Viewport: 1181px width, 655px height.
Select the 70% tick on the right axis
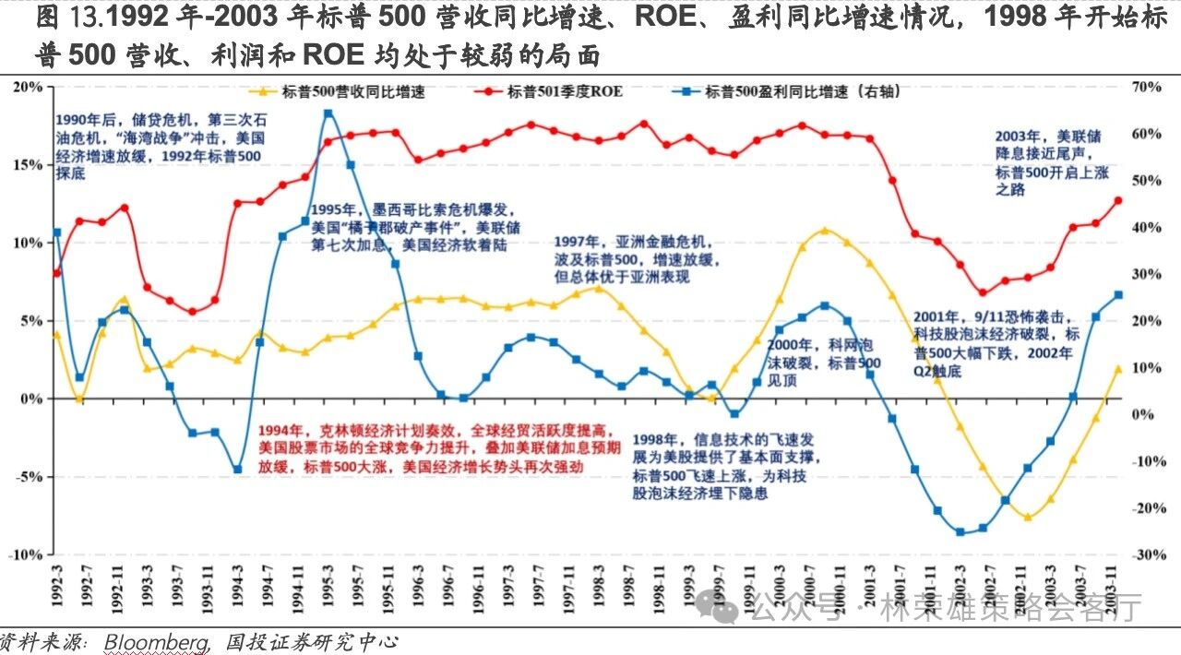[1146, 87]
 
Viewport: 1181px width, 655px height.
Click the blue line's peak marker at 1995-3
[328, 113]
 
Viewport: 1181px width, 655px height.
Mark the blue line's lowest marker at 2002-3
[960, 531]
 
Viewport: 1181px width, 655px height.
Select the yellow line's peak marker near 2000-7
[824, 231]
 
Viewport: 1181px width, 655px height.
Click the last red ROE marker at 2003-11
[1117, 200]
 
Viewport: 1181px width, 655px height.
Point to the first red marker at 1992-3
[57, 272]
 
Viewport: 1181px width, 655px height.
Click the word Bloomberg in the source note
[156, 642]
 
